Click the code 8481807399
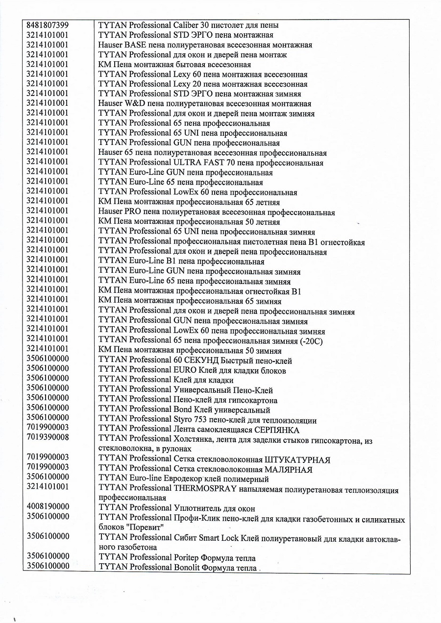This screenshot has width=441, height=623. point(48,24)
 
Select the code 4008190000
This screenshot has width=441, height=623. point(48,508)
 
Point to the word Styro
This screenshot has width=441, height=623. point(184,420)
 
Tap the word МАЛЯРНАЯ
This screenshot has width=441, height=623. point(289,469)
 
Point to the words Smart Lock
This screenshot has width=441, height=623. point(219,538)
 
